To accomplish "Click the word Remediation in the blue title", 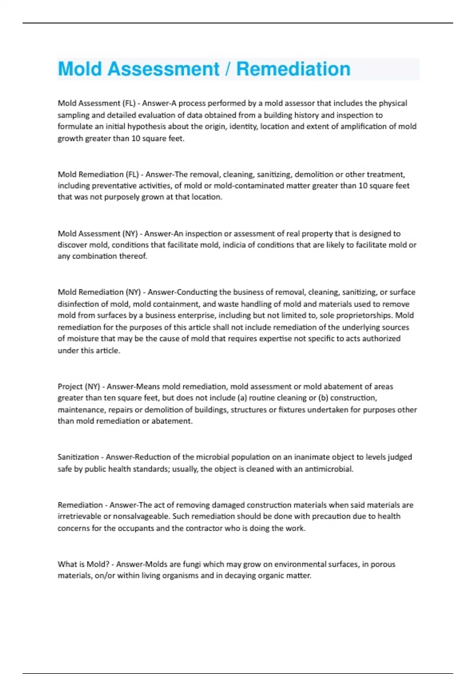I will coord(293,69).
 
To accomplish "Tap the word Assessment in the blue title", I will coord(163,69).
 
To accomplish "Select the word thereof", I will coord(133,257).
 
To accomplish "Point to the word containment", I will coord(175,304).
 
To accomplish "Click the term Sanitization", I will coord(78,457).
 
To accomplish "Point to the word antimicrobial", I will coord(328,469).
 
